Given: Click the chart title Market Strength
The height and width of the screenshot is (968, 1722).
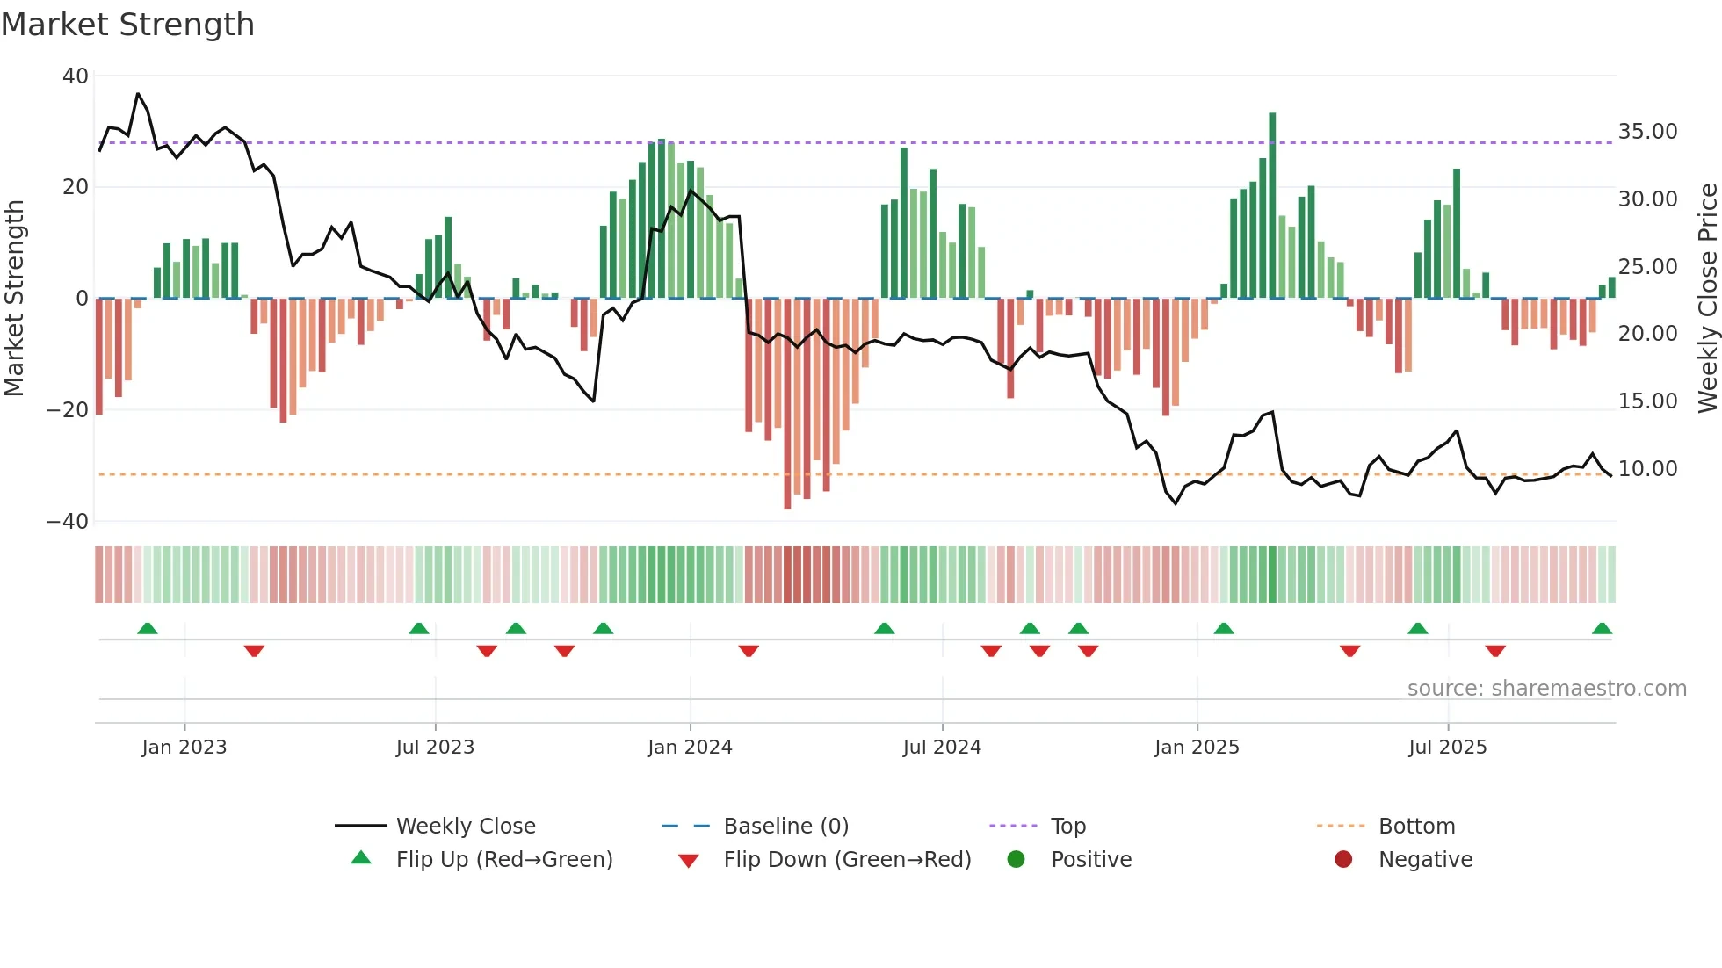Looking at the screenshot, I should point(127,25).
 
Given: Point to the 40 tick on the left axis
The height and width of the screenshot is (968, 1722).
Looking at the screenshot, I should point(76,76).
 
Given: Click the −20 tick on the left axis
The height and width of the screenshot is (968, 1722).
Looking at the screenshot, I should point(68,410).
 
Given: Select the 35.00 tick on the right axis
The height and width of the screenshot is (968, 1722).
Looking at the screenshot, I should point(1647,132).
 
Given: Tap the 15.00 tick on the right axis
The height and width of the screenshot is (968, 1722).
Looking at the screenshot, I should point(1647,401).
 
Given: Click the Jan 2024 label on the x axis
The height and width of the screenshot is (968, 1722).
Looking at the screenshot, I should point(690,748).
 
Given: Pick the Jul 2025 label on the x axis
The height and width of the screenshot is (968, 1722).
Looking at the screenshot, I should point(1447,748).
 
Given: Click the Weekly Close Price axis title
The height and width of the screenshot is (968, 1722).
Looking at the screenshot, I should point(1707,299).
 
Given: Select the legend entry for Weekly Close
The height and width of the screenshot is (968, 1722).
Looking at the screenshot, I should point(465,827).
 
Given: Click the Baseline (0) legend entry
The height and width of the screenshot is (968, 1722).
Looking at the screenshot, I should point(785,827).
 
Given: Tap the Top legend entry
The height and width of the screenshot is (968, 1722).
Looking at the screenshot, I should point(1067,827).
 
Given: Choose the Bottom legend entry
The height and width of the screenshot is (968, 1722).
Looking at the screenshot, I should point(1416,827).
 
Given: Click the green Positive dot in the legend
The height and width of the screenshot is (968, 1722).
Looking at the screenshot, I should point(1016,859).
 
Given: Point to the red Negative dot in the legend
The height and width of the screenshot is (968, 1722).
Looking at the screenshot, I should point(1343,859).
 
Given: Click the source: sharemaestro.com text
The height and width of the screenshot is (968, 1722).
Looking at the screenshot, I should point(1546,689).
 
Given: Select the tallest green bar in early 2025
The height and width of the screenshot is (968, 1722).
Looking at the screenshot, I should point(1272,206).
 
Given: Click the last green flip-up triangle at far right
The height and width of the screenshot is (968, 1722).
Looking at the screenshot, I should point(1602,629).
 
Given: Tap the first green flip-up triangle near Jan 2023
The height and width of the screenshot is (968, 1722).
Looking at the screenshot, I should point(148,629).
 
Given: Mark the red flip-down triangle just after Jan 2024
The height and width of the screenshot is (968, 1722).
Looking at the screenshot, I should point(749,651).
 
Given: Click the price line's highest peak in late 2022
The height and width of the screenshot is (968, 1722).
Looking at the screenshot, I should point(138,94).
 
